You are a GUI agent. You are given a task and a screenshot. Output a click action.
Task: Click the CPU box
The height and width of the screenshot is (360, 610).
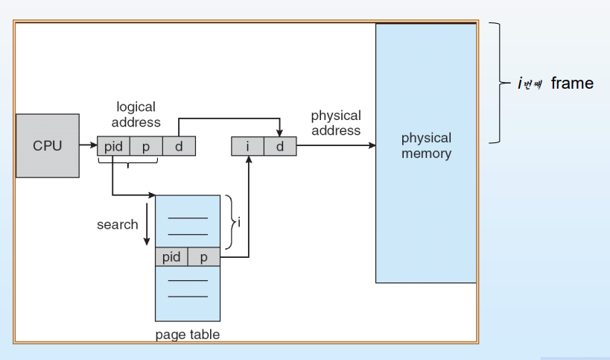(x=48, y=145)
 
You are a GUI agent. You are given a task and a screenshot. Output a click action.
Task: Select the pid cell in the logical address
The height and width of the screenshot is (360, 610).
(x=113, y=146)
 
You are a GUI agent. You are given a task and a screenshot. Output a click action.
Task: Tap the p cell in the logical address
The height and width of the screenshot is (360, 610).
(x=146, y=146)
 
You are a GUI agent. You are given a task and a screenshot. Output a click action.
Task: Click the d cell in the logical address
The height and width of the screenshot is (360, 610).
(x=179, y=146)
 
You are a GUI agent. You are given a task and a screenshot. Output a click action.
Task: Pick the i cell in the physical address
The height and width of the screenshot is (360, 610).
(x=248, y=146)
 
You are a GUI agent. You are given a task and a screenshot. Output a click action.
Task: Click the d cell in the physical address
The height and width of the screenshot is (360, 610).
(x=280, y=146)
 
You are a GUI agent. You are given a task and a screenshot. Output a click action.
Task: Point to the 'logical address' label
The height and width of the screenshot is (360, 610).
(x=136, y=115)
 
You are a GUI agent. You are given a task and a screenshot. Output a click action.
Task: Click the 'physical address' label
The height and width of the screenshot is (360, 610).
(x=336, y=123)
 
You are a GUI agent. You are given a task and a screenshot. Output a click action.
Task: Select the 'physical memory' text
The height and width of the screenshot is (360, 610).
(x=426, y=146)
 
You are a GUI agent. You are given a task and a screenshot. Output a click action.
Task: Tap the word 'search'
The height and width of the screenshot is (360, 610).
(x=117, y=224)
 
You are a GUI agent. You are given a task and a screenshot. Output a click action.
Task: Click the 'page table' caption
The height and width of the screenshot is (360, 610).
(x=188, y=335)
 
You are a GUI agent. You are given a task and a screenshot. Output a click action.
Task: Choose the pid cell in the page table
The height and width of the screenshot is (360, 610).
(x=171, y=257)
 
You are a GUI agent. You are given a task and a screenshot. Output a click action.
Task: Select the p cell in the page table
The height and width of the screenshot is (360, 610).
(x=203, y=257)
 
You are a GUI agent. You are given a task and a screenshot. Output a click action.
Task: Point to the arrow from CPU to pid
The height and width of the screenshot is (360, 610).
(x=88, y=146)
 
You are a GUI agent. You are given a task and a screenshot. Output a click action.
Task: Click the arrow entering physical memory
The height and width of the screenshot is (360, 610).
(x=336, y=146)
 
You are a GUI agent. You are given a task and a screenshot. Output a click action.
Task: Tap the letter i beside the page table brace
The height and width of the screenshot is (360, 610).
(x=238, y=222)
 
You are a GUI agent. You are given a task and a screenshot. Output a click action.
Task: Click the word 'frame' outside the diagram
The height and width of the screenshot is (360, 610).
(x=572, y=83)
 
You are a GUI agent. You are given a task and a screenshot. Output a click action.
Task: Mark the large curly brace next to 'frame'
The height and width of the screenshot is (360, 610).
(x=496, y=82)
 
